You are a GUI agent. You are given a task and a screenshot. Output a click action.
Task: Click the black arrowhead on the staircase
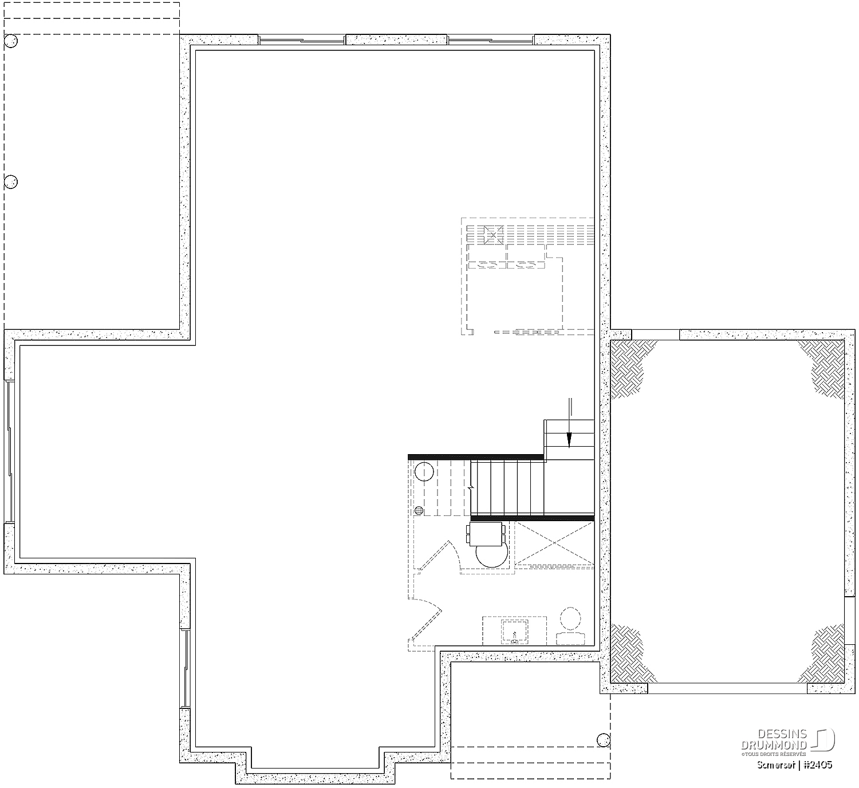tap(569, 440)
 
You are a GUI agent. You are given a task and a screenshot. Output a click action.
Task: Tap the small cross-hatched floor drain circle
tap(419, 510)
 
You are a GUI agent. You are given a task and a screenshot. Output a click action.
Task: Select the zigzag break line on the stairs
tap(471, 488)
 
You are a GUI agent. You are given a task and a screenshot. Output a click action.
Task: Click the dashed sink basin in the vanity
tap(515, 631)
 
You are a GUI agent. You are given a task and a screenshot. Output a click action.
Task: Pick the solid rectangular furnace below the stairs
tap(486, 534)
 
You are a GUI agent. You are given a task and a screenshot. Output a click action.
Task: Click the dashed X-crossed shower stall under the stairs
tap(554, 543)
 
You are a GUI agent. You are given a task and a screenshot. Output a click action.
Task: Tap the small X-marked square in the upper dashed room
tap(493, 235)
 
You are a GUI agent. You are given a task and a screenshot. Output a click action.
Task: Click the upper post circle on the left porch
tap(11, 41)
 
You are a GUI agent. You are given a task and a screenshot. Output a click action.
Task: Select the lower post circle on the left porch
tap(11, 182)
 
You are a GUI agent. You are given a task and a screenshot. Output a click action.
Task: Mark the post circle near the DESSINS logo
tap(604, 739)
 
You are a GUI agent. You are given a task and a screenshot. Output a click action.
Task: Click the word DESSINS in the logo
tap(782, 734)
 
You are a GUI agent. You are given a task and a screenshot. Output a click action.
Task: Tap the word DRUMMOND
tap(774, 745)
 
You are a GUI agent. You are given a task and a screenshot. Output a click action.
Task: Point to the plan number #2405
tap(818, 765)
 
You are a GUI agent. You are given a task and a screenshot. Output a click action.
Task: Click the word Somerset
tap(775, 765)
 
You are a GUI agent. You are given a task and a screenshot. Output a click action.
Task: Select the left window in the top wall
tap(302, 40)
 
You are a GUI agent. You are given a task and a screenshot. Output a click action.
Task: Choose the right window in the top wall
tap(491, 40)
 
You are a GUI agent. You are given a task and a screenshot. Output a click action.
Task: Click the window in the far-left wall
tap(9, 451)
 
